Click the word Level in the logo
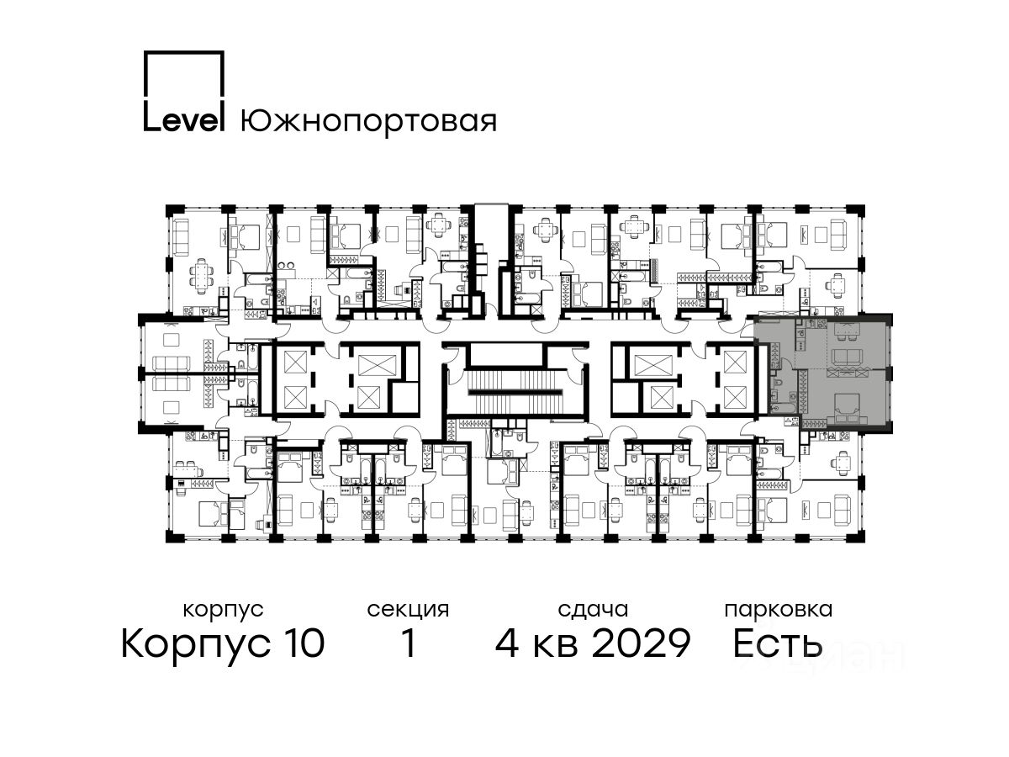[183, 120]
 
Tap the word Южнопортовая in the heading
[368, 122]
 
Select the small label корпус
[223, 611]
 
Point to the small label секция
[408, 611]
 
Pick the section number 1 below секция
[409, 643]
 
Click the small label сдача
[593, 611]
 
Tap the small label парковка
[779, 611]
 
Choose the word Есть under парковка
[777, 643]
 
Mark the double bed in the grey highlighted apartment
[844, 408]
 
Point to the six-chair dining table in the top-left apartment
[200, 276]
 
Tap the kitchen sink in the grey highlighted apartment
[802, 333]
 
